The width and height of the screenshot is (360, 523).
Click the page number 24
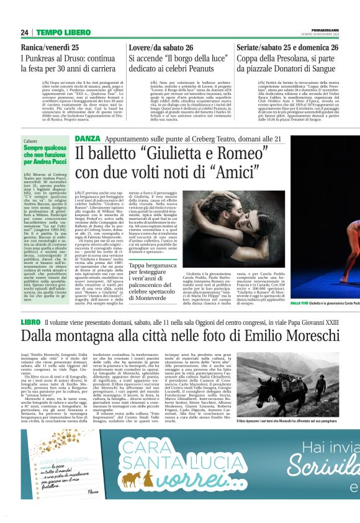25,32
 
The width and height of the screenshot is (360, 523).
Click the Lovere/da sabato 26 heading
161,47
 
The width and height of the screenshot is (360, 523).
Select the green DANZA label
86,138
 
